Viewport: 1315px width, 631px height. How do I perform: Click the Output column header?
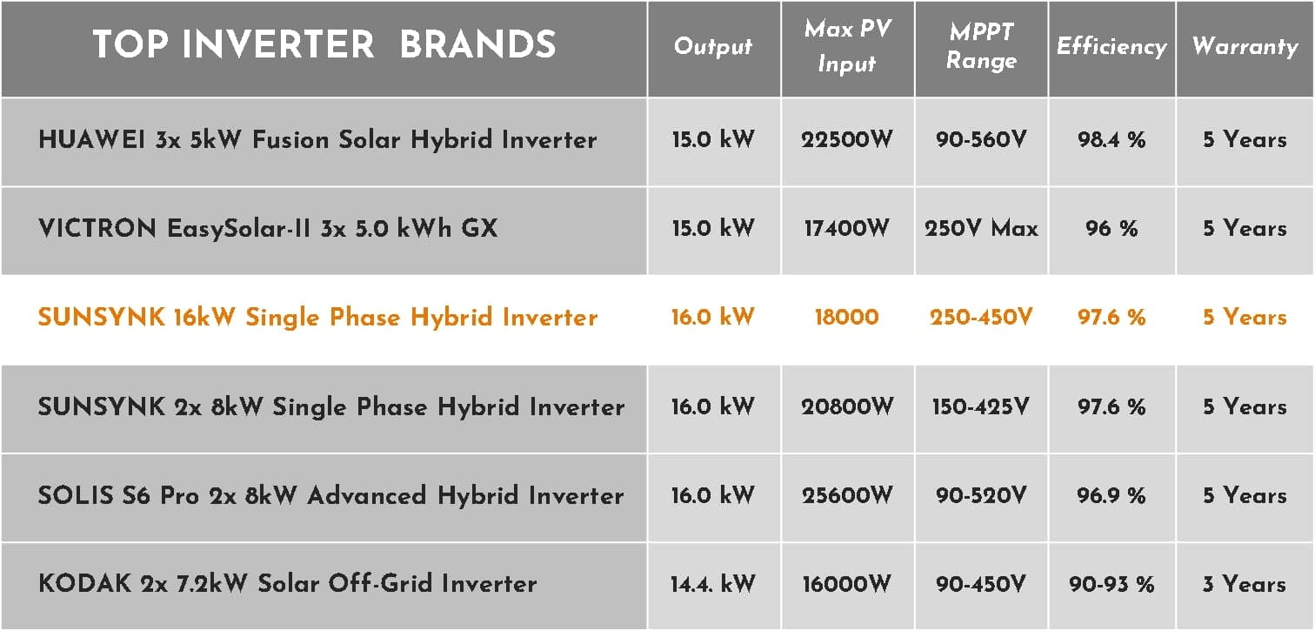[x=712, y=46]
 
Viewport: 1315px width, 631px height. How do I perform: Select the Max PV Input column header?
[x=847, y=46]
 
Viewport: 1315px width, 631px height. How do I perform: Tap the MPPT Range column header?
[x=981, y=46]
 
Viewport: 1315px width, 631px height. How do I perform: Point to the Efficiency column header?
[x=1111, y=46]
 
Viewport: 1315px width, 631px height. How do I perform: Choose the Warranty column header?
[x=1245, y=46]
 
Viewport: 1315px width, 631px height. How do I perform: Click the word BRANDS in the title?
[x=477, y=44]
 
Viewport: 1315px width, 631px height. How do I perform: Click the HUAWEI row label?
[x=317, y=140]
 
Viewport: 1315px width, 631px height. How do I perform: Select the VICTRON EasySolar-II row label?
[x=268, y=229]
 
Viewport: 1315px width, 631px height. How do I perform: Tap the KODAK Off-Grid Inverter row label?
[x=288, y=584]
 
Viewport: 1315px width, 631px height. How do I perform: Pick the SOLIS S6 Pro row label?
[x=330, y=495]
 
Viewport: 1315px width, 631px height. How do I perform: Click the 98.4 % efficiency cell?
[x=1111, y=140]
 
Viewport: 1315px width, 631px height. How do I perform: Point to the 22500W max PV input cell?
[x=847, y=140]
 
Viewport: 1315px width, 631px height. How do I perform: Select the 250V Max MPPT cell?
[x=981, y=229]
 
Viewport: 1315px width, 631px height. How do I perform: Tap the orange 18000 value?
[x=846, y=318]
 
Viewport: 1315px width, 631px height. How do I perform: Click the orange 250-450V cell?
[x=981, y=318]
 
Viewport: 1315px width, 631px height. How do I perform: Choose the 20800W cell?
[x=847, y=406]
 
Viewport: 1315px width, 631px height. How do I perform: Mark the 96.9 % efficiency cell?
[x=1111, y=495]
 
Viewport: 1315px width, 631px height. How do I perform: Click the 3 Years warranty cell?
[x=1245, y=584]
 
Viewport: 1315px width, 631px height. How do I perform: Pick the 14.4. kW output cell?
[x=712, y=584]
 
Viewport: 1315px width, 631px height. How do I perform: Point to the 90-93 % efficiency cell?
[x=1111, y=584]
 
